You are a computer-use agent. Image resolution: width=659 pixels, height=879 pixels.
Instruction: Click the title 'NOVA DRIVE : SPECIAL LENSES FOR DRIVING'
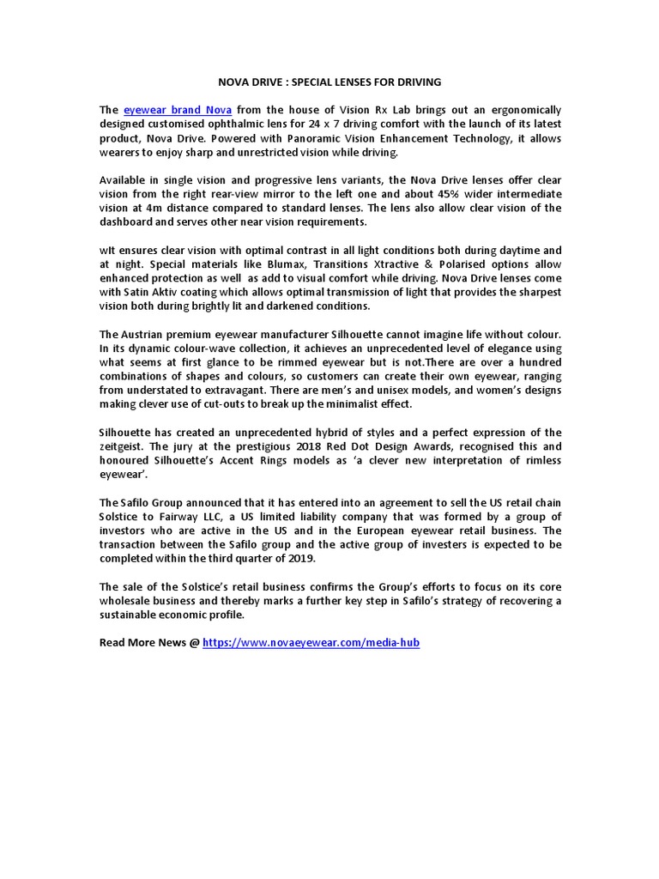329,82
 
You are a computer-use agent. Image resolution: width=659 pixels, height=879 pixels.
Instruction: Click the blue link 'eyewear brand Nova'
178,110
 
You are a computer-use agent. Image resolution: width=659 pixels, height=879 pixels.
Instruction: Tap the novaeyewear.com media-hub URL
311,642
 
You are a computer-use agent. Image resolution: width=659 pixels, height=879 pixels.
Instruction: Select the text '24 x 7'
384,124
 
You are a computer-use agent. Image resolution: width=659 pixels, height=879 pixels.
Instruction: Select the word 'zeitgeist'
124,446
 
